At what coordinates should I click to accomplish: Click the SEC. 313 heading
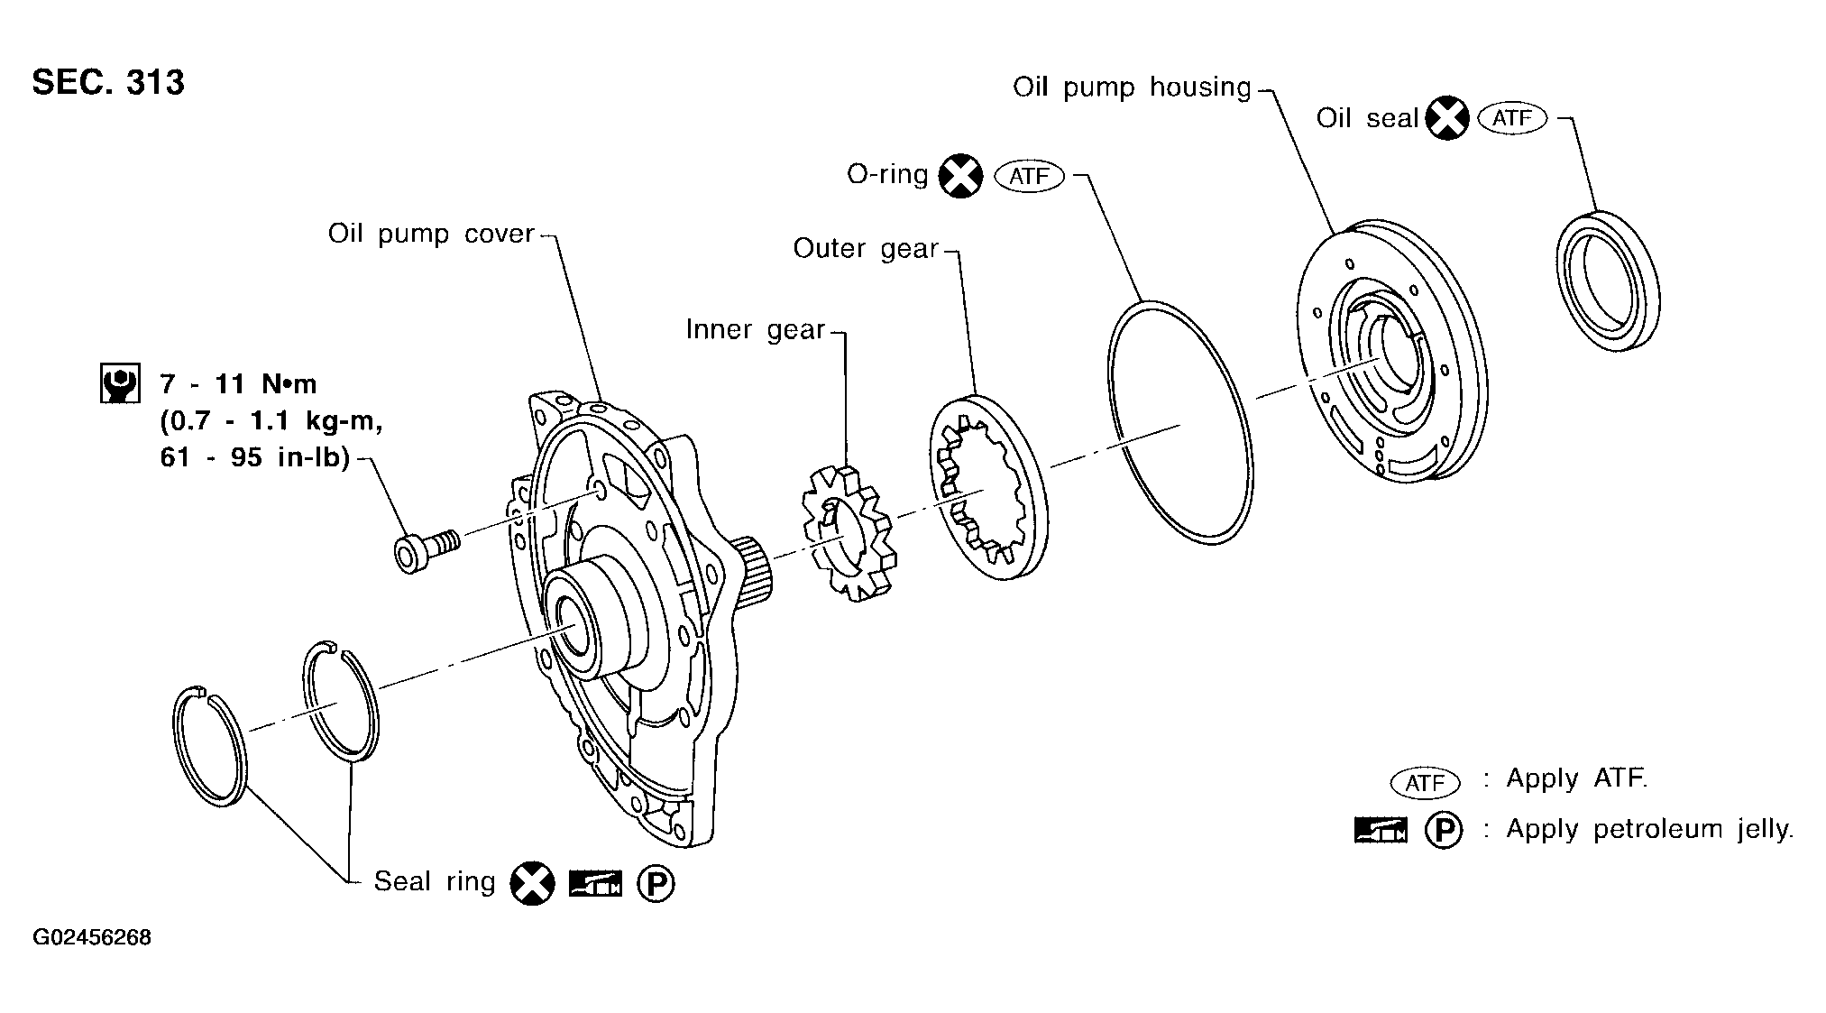click(108, 82)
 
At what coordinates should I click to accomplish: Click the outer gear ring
click(989, 487)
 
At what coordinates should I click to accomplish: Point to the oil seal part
click(1608, 281)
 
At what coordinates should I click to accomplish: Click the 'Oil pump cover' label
click(431, 234)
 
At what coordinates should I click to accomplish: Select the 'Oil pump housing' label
click(1132, 87)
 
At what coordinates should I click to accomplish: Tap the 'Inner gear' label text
click(755, 329)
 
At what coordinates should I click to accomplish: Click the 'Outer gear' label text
click(866, 248)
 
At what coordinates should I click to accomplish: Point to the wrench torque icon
click(119, 383)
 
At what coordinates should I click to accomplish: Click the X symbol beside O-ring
click(960, 175)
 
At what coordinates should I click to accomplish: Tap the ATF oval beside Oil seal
click(1513, 118)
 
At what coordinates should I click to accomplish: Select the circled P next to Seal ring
click(656, 884)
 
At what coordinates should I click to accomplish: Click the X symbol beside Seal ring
click(532, 883)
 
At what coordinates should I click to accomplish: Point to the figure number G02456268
click(92, 937)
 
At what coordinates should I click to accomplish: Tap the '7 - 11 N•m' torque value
click(238, 384)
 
